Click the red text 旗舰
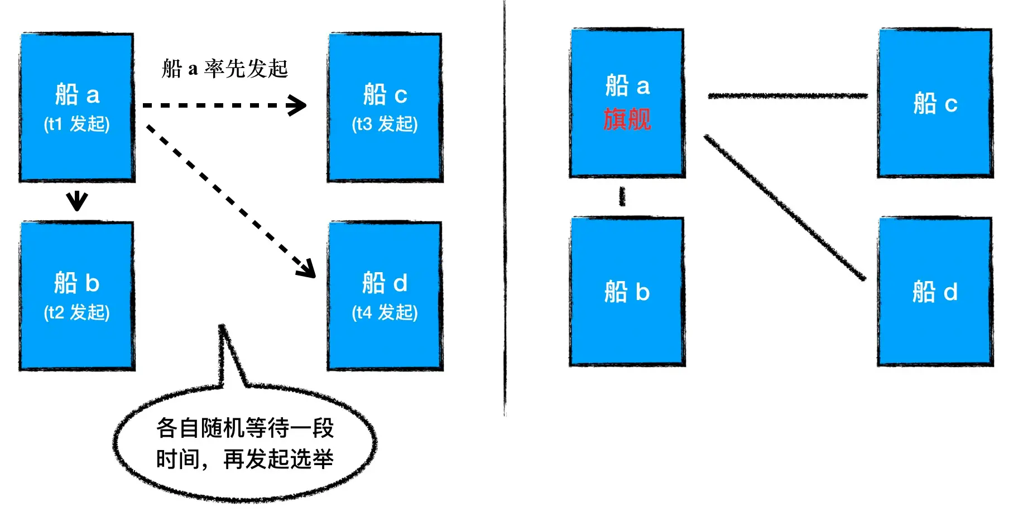[x=627, y=119]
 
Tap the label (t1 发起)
[x=77, y=124]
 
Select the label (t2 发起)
[x=77, y=312]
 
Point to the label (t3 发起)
[x=385, y=124]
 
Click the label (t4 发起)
[x=385, y=312]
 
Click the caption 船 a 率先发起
[x=224, y=69]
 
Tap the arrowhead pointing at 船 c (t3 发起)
[x=298, y=105]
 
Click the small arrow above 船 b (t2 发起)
[x=77, y=200]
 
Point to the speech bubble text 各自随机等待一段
[x=245, y=428]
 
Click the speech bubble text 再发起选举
[x=278, y=460]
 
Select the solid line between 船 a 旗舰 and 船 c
[x=787, y=96]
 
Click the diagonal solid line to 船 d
[x=785, y=207]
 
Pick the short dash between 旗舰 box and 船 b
[x=622, y=196]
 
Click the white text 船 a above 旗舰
[x=627, y=86]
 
